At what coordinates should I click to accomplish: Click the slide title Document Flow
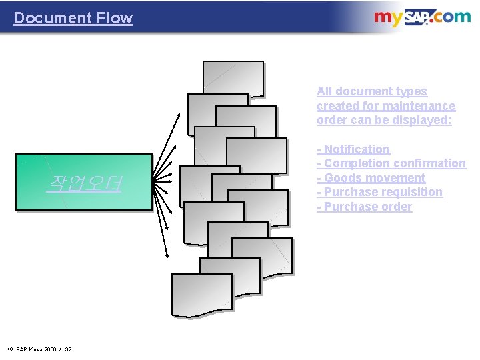click(73, 18)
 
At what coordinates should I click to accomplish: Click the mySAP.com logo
click(421, 17)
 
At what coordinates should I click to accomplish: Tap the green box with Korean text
click(84, 182)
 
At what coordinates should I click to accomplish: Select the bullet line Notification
click(353, 149)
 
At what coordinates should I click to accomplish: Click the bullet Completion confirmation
click(391, 163)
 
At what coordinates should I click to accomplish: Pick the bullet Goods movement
click(371, 178)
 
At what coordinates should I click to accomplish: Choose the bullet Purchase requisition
click(379, 192)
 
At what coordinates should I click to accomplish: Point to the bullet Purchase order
click(364, 207)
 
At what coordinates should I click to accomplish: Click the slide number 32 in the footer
click(68, 349)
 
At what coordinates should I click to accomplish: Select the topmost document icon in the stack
click(233, 78)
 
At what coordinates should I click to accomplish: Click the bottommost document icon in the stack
click(201, 294)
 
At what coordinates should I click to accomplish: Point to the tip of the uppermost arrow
click(179, 115)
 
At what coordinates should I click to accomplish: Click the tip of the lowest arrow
click(166, 255)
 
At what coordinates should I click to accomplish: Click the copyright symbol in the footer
click(10, 349)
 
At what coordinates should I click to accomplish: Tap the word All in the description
click(325, 91)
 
